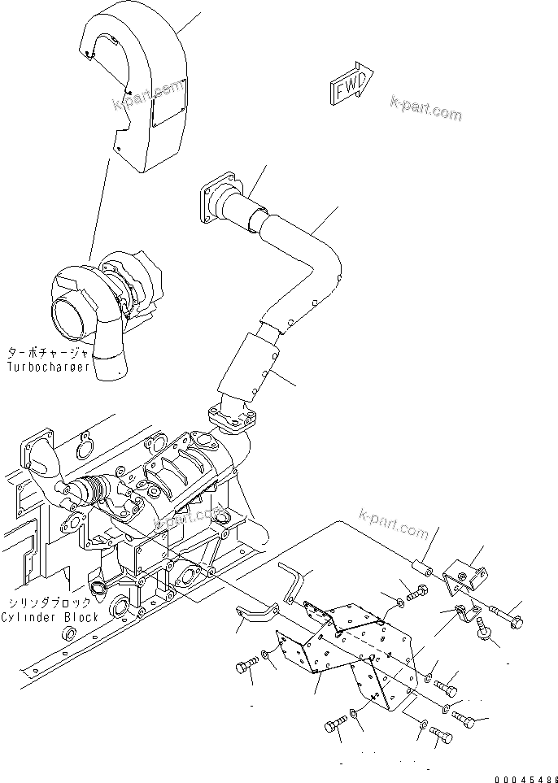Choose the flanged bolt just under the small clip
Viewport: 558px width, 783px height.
tap(485, 631)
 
